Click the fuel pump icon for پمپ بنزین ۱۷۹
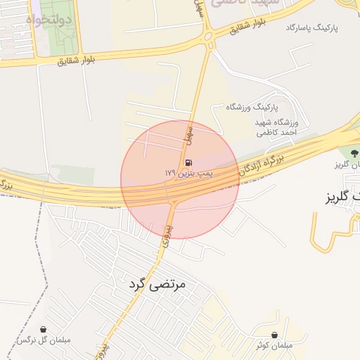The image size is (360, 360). [188, 162]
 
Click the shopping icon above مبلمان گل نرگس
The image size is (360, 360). [44, 329]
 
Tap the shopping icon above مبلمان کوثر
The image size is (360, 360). [274, 335]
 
